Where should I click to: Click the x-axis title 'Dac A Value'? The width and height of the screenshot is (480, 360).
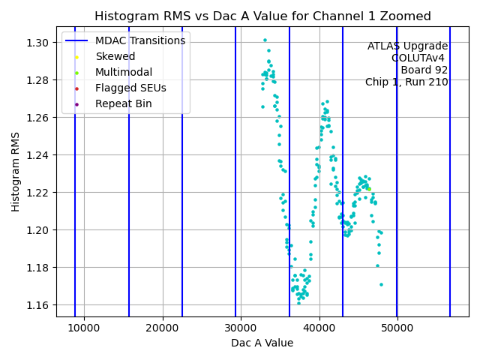pyautogui.click(x=262, y=343)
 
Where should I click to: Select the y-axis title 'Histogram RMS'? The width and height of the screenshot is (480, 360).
pyautogui.click(x=16, y=171)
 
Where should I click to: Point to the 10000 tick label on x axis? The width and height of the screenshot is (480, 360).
pyautogui.click(x=84, y=328)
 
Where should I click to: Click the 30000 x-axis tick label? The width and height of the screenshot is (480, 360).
pyautogui.click(x=241, y=328)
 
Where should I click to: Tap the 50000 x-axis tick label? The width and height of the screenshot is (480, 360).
pyautogui.click(x=397, y=328)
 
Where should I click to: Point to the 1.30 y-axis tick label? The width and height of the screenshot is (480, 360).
pyautogui.click(x=40, y=43)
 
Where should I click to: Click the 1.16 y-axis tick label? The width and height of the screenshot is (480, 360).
pyautogui.click(x=40, y=305)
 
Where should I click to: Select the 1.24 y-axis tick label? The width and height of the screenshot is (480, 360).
pyautogui.click(x=40, y=155)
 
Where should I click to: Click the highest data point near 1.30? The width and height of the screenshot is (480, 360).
pyautogui.click(x=265, y=40)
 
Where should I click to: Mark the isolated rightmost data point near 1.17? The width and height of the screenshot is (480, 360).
pyautogui.click(x=381, y=284)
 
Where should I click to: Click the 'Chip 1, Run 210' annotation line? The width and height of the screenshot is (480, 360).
pyautogui.click(x=406, y=82)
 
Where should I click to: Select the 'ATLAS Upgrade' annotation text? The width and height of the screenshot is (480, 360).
pyautogui.click(x=407, y=46)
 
